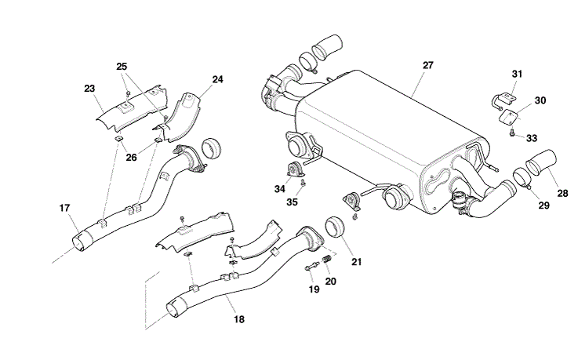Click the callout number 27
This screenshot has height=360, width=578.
(427, 65)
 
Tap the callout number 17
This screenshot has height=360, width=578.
(64, 208)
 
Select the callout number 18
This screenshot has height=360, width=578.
(239, 320)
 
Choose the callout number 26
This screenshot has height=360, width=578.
(131, 157)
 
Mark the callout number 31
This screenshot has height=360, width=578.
(517, 74)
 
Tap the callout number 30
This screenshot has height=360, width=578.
(540, 100)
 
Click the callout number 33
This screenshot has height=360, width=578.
(532, 138)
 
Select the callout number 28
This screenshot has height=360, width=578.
(563, 192)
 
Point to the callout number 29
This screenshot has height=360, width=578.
(543, 205)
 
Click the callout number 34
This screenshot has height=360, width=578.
(280, 188)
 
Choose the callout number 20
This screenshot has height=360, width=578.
(330, 280)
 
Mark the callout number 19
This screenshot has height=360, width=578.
(314, 289)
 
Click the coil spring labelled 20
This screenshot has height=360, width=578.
(329, 255)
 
